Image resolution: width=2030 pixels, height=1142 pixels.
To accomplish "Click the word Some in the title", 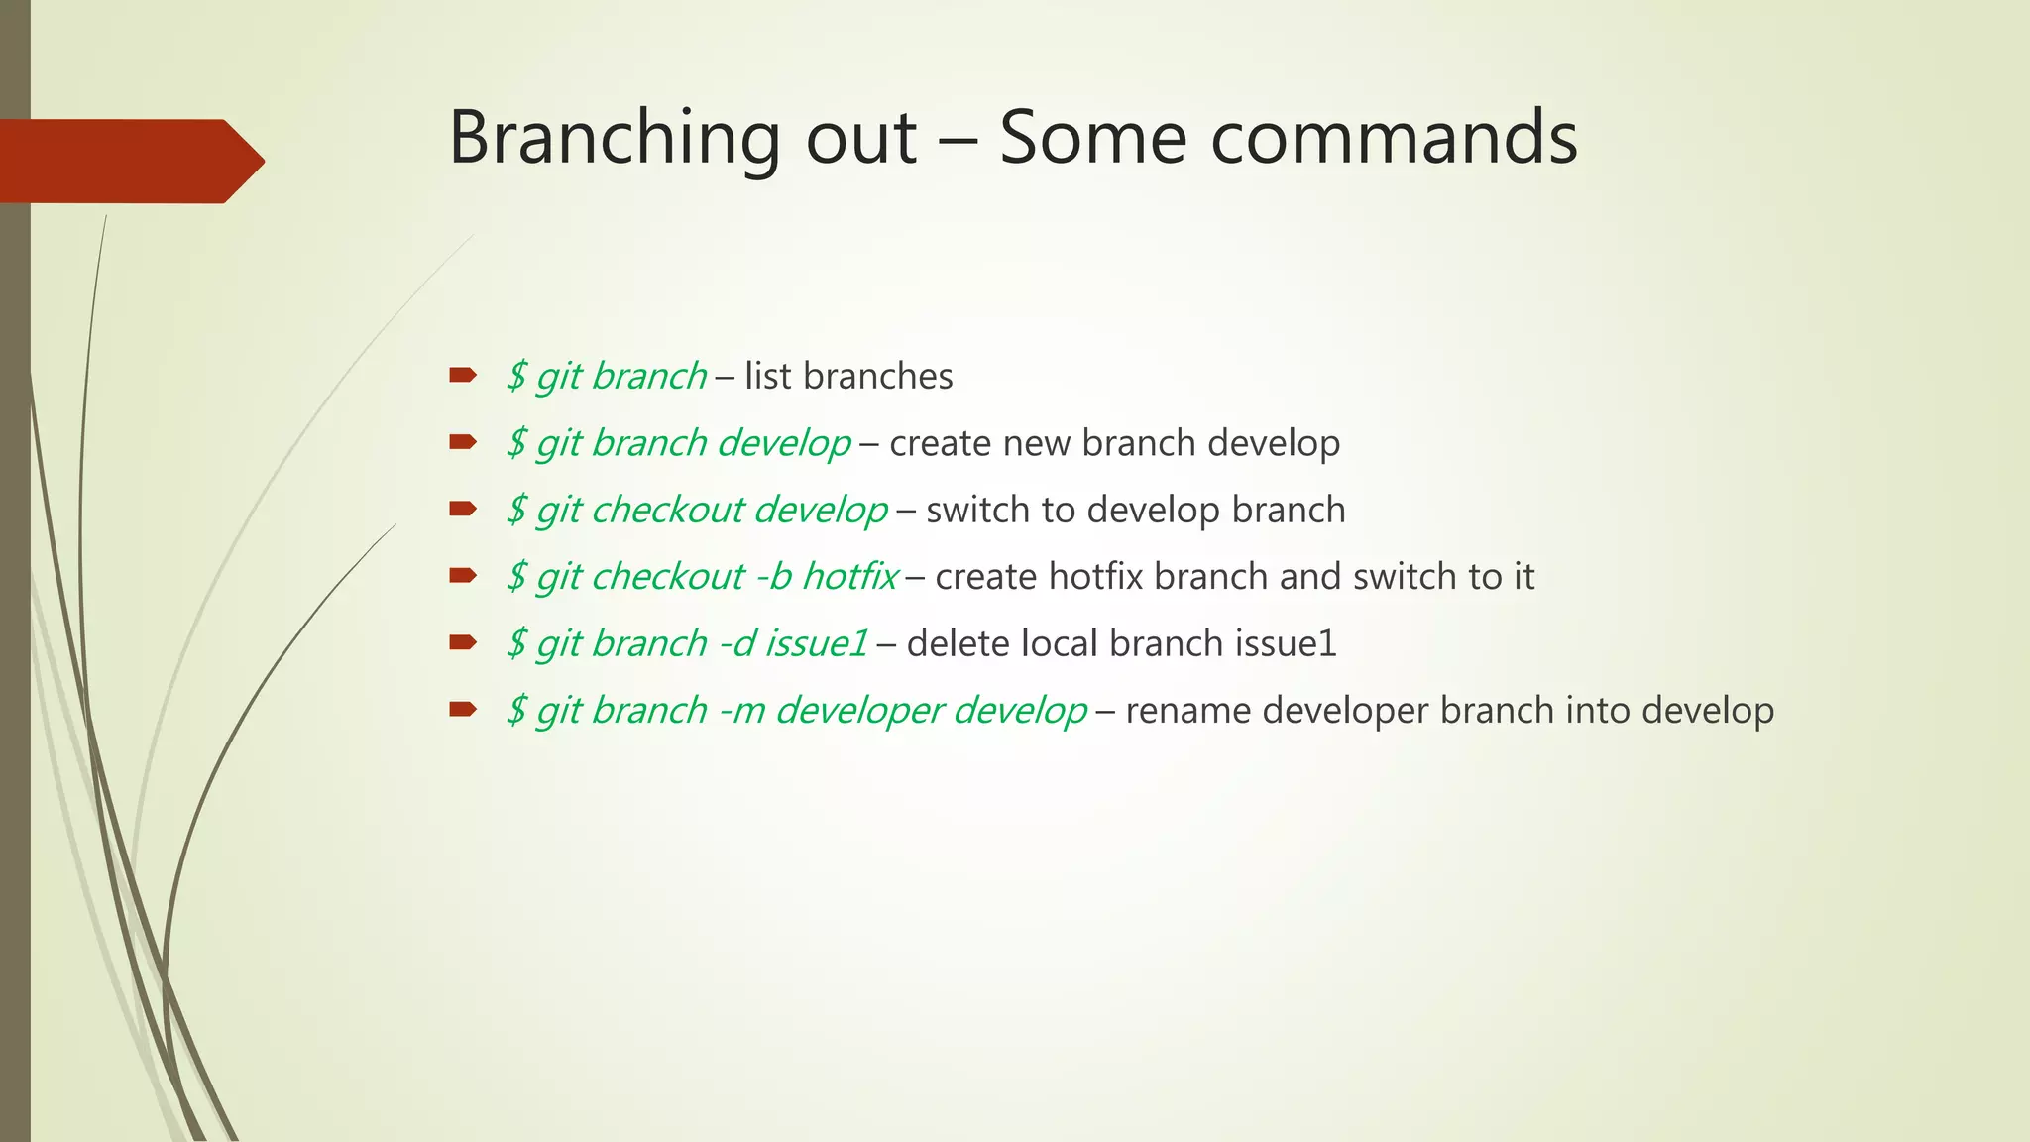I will point(1091,137).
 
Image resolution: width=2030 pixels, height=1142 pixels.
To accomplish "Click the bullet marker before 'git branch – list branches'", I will point(463,375).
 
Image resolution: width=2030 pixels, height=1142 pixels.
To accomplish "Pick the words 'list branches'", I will point(848,377).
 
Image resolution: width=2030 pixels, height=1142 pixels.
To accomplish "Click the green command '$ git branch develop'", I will point(679,443).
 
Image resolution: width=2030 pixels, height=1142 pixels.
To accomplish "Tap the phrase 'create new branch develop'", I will point(1114,443).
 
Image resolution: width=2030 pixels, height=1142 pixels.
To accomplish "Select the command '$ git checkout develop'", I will point(697,510).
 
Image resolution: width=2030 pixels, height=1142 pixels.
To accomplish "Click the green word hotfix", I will point(849,576).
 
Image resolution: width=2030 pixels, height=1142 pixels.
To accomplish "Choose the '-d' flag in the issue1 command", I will point(736,643).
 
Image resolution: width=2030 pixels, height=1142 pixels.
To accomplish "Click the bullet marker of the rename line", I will point(463,709).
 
